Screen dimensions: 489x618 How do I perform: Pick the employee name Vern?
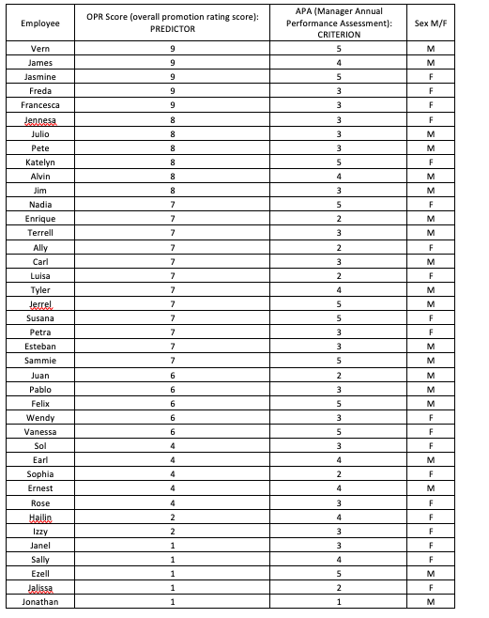click(39, 48)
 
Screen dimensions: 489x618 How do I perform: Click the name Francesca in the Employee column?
click(39, 105)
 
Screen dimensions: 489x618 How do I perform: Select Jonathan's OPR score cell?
click(172, 602)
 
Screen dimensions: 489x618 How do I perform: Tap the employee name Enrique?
click(39, 219)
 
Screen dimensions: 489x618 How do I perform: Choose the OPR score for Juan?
click(172, 375)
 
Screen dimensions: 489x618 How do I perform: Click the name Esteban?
click(39, 347)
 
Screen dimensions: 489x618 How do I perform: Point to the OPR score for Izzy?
click(172, 531)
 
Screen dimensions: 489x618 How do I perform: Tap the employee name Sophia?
click(39, 474)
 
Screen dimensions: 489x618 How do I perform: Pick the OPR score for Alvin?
click(172, 176)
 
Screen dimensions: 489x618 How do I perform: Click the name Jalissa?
click(39, 588)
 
